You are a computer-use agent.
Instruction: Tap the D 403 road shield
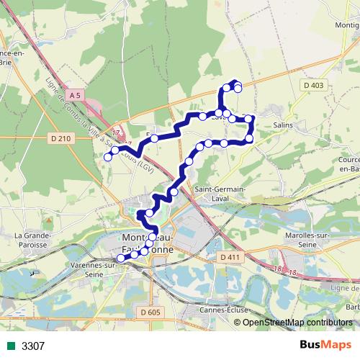314,86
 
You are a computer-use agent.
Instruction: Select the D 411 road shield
230,257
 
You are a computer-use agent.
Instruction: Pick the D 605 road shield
150,312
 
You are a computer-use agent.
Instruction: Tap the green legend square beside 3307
10,346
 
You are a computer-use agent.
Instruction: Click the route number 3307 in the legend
33,346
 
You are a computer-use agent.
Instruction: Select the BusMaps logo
324,345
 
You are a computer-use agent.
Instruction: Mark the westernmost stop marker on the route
108,157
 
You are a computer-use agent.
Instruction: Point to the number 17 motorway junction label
116,125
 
